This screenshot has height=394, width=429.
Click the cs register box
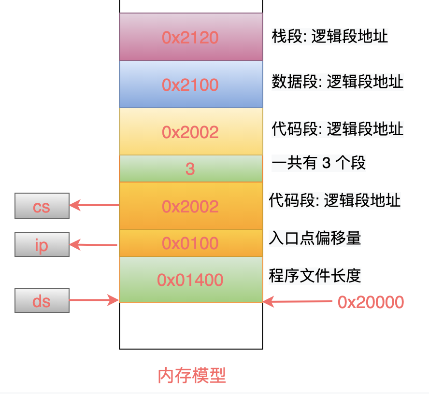(42, 206)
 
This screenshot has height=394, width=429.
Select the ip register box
(42, 244)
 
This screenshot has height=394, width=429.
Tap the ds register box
(42, 300)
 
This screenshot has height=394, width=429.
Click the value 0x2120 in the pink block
(190, 38)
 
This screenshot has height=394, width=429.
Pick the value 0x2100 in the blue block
(190, 85)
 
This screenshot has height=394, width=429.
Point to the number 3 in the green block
(190, 169)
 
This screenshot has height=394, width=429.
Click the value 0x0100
(190, 243)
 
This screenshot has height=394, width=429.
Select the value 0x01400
(190, 280)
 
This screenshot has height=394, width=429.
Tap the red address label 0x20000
(371, 302)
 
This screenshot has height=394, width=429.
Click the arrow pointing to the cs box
(94, 205)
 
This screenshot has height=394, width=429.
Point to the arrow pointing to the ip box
(94, 245)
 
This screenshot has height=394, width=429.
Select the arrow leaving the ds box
(94, 300)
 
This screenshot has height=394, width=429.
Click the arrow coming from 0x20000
(298, 302)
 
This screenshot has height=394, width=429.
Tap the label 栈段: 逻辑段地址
(329, 36)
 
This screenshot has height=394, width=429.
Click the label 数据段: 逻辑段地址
(337, 82)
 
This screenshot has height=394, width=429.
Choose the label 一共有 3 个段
(318, 163)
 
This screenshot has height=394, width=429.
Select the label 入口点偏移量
(315, 238)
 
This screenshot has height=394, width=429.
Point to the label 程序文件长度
(315, 276)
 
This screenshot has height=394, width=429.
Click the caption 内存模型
(192, 375)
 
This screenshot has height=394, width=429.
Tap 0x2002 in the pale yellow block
(190, 132)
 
